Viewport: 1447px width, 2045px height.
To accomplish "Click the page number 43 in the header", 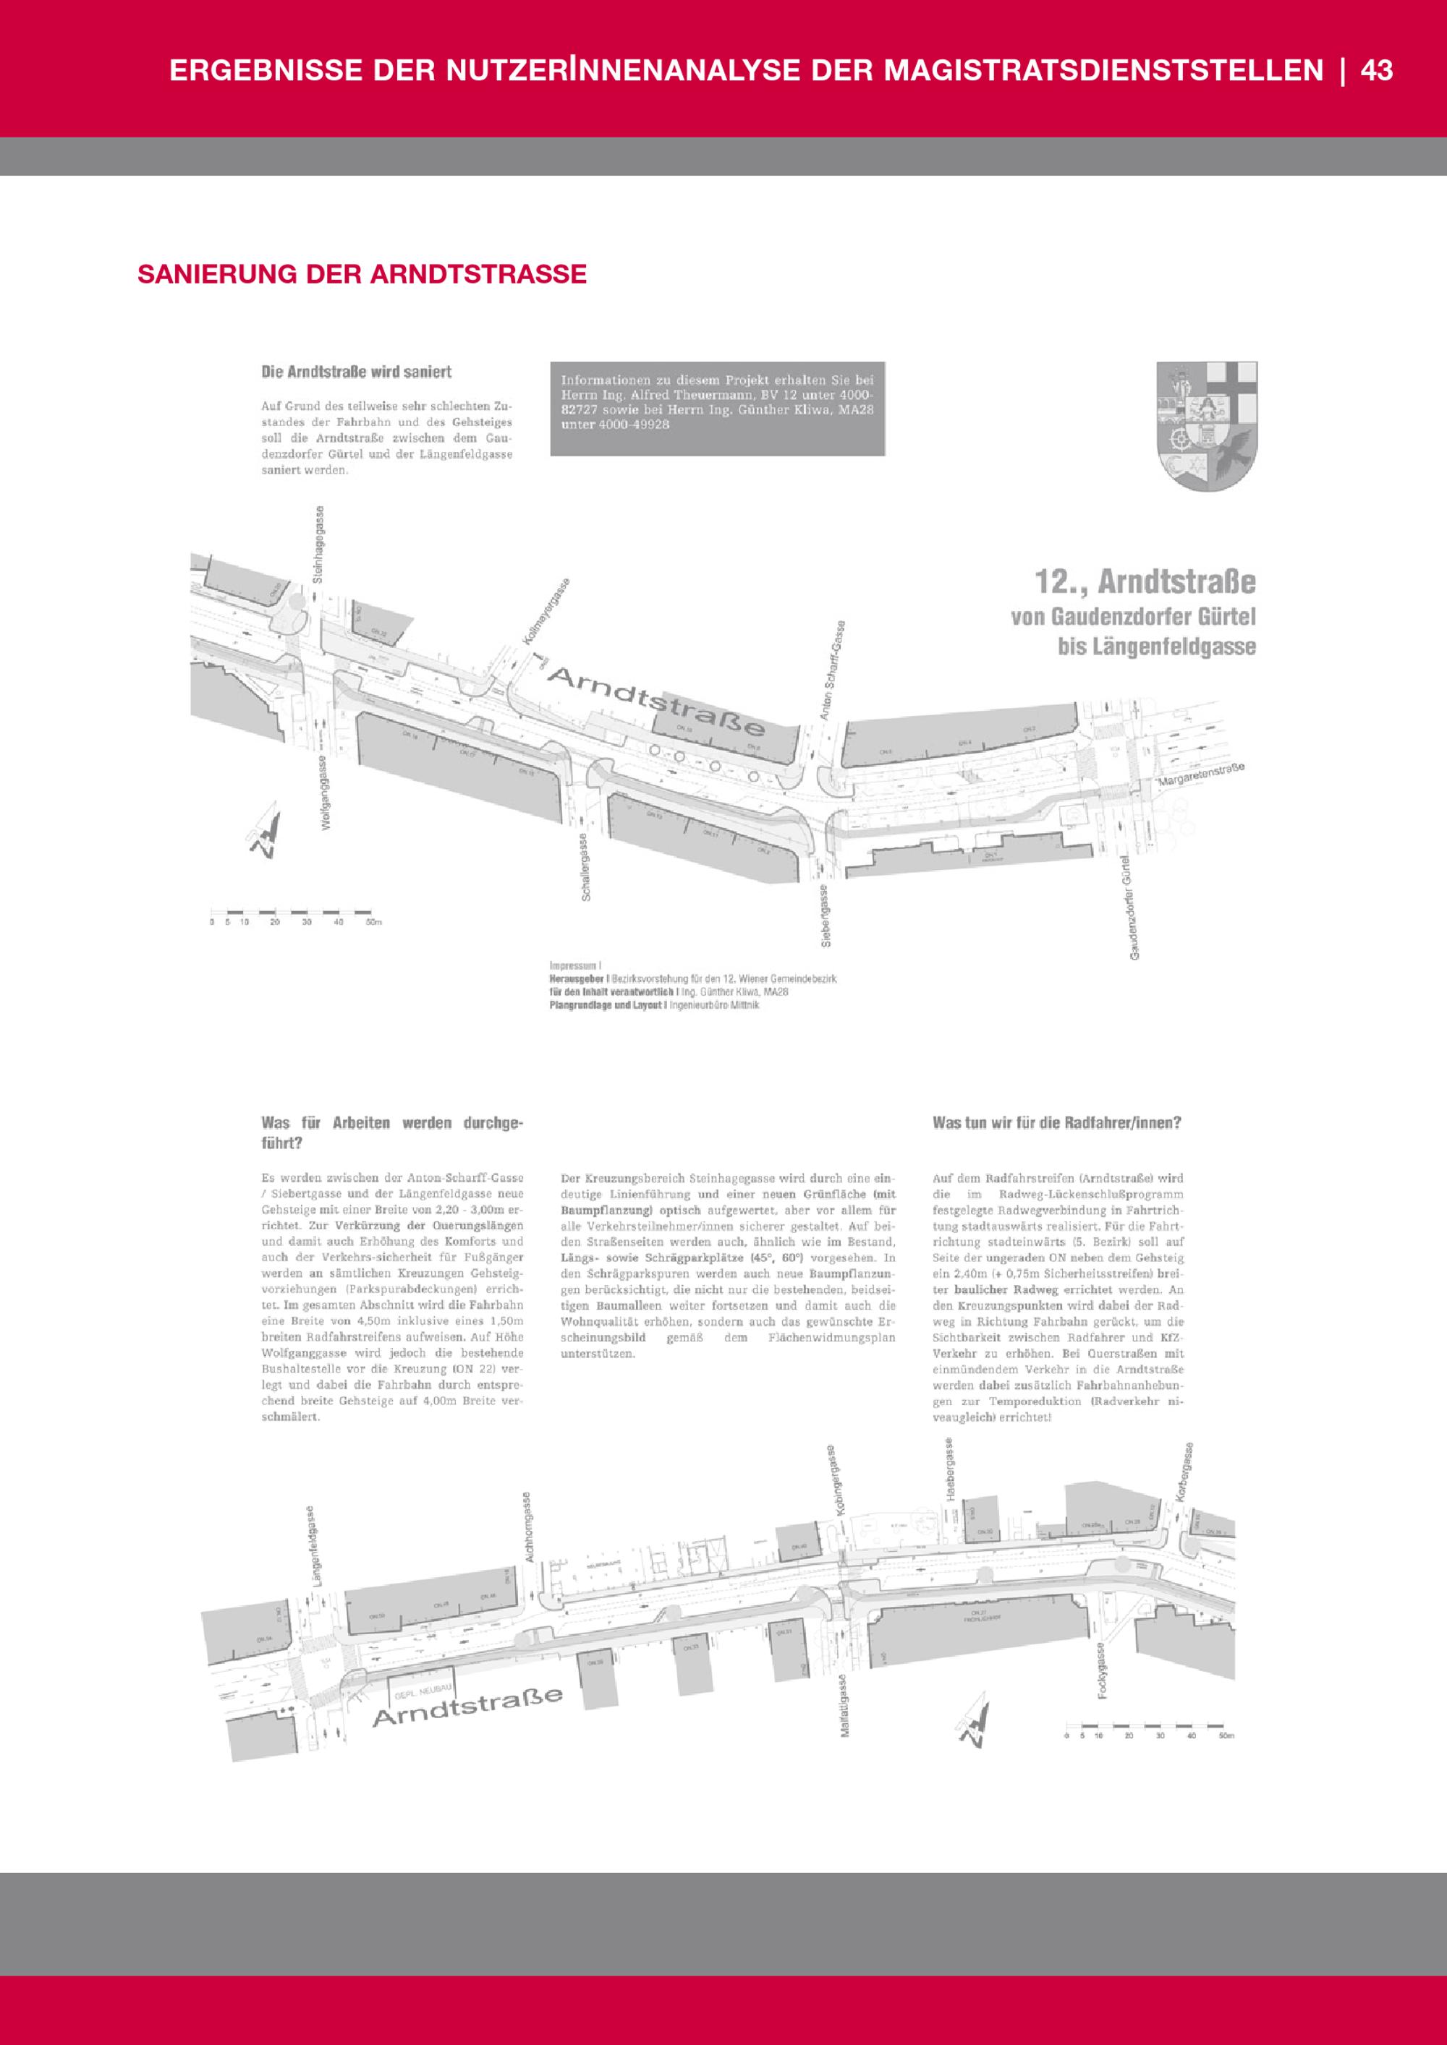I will (1377, 70).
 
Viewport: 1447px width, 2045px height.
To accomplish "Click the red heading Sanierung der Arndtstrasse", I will (362, 273).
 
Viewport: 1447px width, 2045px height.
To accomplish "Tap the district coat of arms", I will (1206, 425).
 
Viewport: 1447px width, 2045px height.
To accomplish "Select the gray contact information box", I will (717, 409).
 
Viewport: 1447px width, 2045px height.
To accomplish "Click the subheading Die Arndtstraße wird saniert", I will (357, 372).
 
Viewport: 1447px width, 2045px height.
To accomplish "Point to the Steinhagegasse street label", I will (319, 545).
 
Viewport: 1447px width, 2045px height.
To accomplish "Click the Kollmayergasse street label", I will (546, 612).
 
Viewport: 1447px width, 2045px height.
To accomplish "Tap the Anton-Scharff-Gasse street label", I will (833, 670).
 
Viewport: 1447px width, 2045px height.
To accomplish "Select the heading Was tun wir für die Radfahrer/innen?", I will (1057, 1122).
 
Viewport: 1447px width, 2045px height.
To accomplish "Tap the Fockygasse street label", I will (1103, 1670).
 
